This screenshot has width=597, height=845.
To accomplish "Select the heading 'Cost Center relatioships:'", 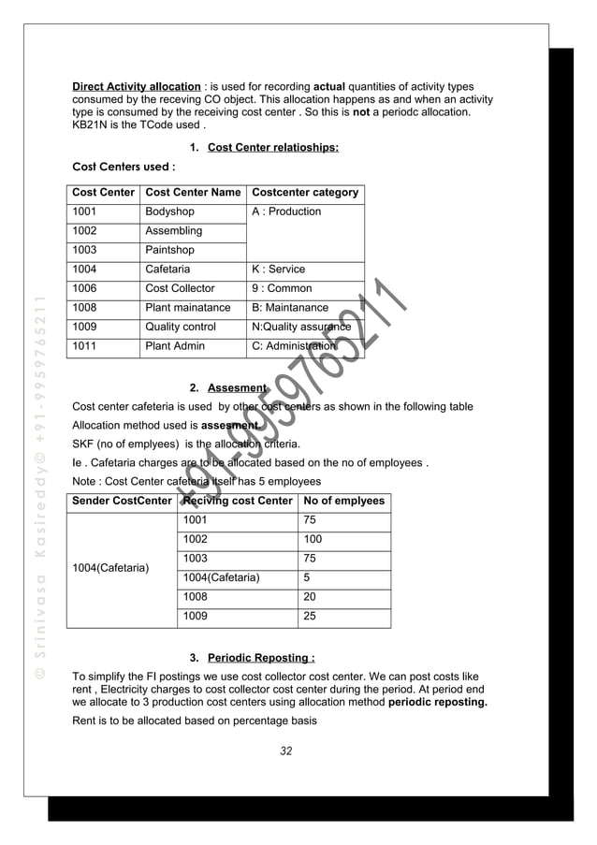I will [x=272, y=147].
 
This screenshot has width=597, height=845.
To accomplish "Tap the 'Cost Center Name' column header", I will [x=193, y=193].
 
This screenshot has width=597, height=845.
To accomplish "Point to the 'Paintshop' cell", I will [x=169, y=250].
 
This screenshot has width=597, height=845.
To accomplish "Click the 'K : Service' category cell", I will [x=278, y=270].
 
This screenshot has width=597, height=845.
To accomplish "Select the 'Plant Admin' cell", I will [x=175, y=346].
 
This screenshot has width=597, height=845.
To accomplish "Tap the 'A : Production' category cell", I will [x=286, y=211].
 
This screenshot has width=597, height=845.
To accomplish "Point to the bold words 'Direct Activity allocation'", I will [x=137, y=86].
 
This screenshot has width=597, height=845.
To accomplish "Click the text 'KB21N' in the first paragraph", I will [x=92, y=124].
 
